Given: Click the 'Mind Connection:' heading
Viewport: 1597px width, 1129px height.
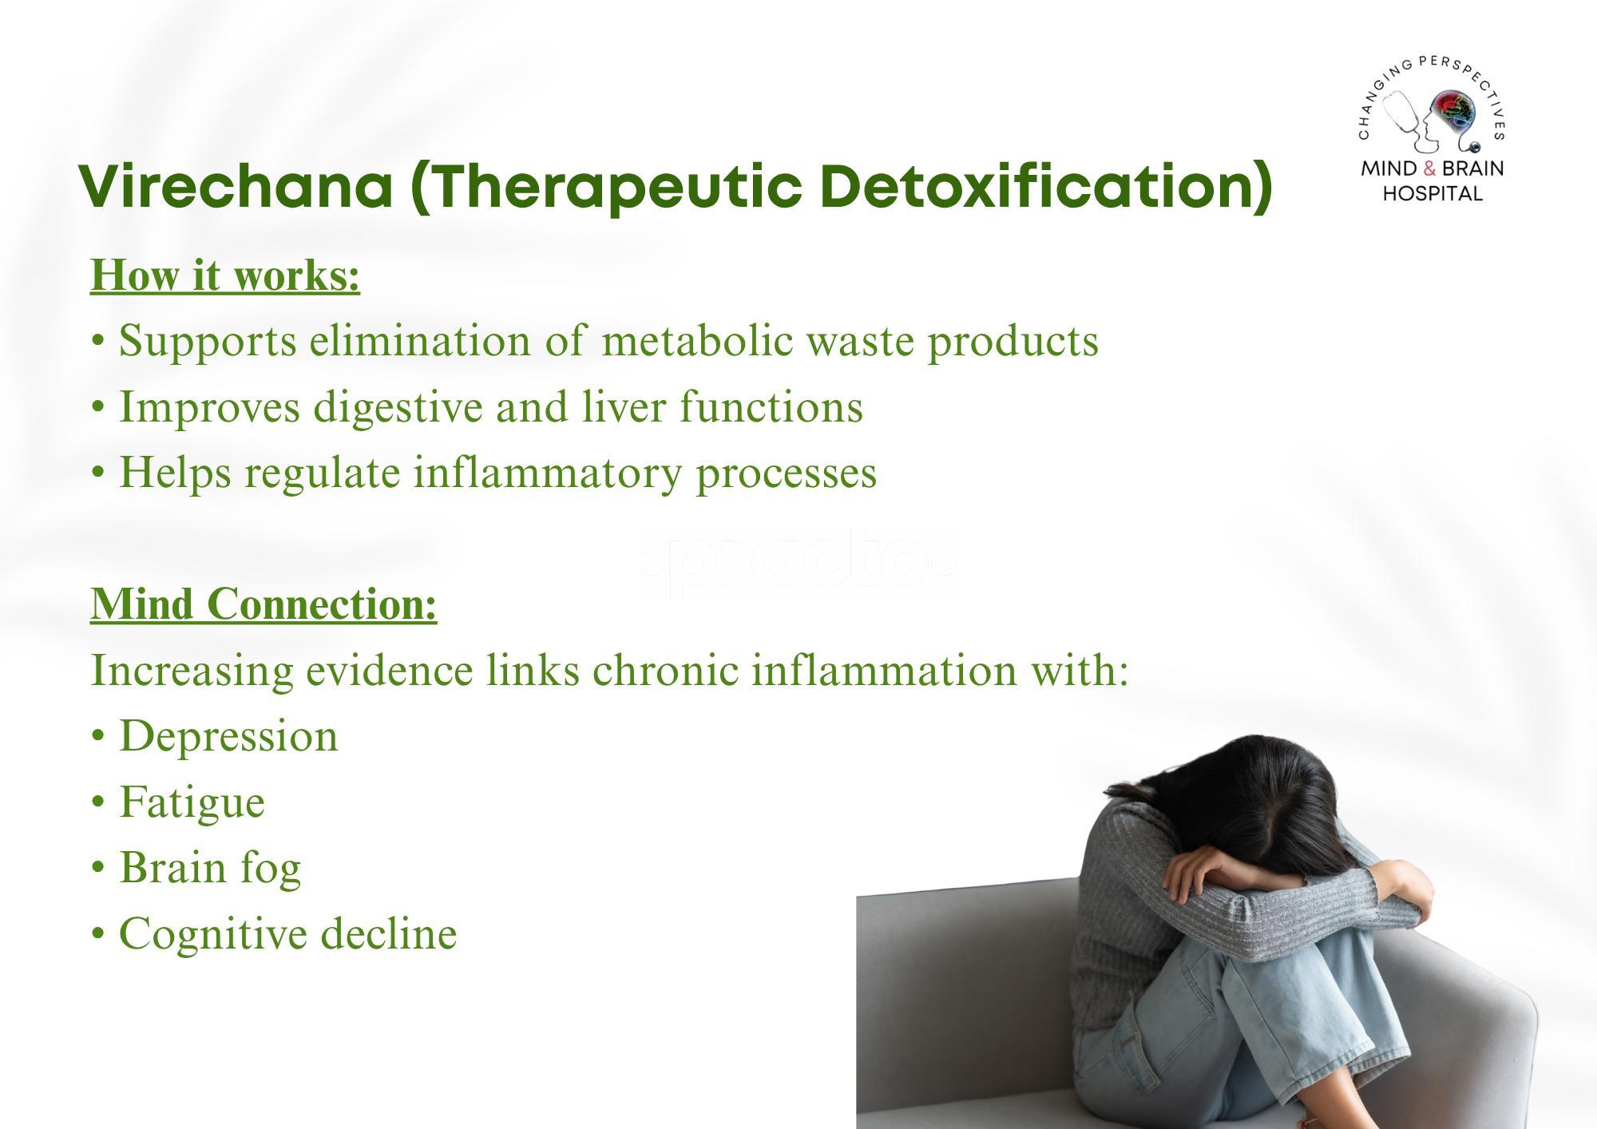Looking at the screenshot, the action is point(264,604).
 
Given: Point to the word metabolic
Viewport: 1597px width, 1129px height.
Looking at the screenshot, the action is point(697,340).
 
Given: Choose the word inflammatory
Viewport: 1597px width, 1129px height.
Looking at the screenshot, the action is point(548,472).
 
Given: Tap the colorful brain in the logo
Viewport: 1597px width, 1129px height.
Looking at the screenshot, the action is point(1452,111).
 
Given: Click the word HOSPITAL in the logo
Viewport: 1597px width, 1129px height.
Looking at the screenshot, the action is point(1433,193).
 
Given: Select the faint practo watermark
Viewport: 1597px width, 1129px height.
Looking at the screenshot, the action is point(798,564).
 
